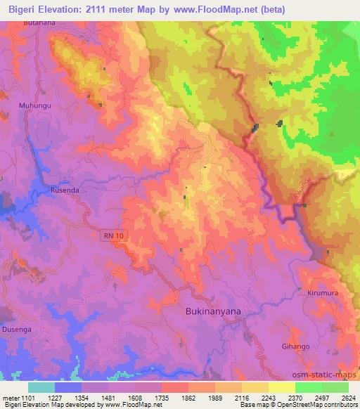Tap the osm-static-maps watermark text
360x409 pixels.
tap(330, 372)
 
